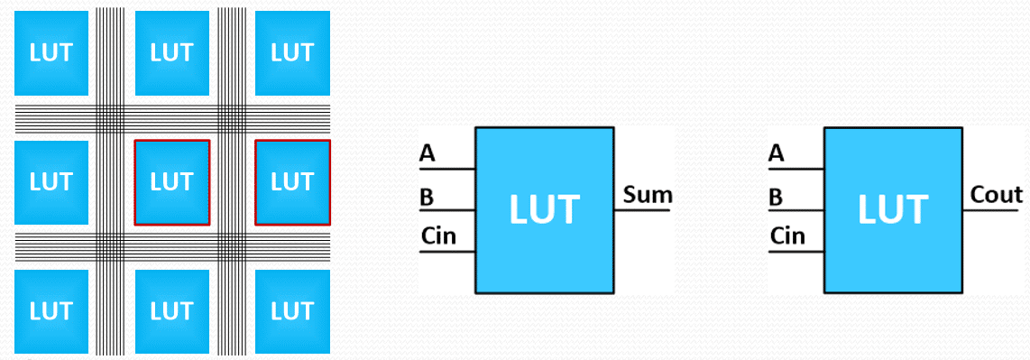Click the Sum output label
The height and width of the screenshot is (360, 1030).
point(648,194)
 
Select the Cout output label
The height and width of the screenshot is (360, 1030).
point(996,194)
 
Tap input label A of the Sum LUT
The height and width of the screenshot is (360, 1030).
point(428,154)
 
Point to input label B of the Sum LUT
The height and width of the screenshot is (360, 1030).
point(427,197)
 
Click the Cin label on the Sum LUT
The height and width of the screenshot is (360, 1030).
point(438,237)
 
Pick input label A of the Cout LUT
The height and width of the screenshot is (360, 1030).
point(777,154)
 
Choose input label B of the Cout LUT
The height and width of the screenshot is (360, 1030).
point(776,197)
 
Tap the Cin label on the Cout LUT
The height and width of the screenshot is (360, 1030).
point(787,237)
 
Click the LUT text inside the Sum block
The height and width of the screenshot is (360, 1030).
point(544,209)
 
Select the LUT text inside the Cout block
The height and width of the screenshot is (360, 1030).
point(893,209)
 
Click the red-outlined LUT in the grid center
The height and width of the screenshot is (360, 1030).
point(171,181)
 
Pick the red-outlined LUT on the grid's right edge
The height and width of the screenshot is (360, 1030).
point(291,181)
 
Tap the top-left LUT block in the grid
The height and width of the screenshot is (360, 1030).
point(51,52)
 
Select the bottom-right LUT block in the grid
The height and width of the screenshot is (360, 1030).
point(291,311)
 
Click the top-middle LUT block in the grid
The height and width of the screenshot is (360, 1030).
point(171,52)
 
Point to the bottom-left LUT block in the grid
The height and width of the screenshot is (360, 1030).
point(51,311)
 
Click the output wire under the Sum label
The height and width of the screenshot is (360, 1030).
point(642,210)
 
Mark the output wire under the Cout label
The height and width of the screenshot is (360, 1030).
point(991,210)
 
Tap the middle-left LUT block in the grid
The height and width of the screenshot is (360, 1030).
point(51,181)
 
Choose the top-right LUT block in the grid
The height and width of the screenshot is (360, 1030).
point(291,52)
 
